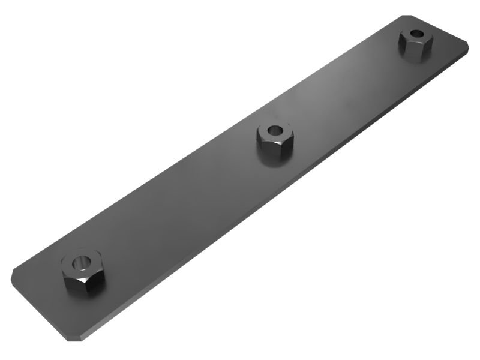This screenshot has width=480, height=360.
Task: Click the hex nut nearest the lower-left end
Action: coord(82,271)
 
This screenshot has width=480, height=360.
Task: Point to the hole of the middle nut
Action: coord(274,130)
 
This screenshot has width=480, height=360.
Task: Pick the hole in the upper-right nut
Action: coord(416,34)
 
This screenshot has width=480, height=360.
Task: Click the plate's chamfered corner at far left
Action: coord(14,274)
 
